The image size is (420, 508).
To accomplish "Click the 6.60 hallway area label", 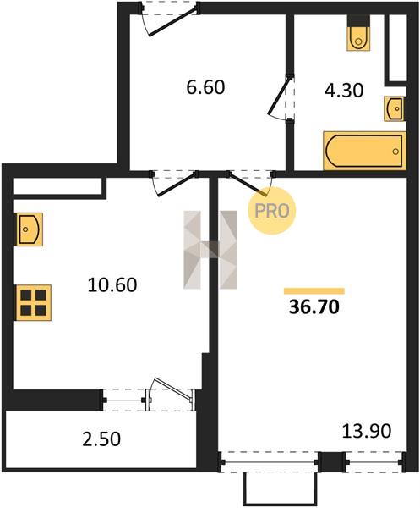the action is click(205, 87).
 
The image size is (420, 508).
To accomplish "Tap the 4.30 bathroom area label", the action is click(344, 91).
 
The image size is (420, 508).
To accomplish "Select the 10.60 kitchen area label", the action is click(112, 285).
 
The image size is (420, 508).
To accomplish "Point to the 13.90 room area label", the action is click(367, 431).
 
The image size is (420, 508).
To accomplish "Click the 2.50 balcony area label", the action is click(101, 439).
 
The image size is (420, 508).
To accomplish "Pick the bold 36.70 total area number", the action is click(314, 306).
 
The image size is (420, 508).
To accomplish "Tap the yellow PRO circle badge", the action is click(272, 211).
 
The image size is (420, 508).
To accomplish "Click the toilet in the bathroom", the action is click(358, 33).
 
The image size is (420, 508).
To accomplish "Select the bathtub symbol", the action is click(364, 151).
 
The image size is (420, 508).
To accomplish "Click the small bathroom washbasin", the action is click(395, 109).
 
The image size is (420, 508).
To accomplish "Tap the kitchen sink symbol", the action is click(29, 229).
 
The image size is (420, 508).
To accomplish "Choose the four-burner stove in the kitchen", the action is click(33, 302).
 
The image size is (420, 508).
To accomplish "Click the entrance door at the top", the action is click(171, 19).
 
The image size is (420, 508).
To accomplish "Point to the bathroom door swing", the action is click(280, 98).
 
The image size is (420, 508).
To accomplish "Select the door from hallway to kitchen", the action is click(174, 182).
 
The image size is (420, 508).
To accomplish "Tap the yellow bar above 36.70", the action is click(314, 290).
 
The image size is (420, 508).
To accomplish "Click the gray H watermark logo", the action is click(210, 250).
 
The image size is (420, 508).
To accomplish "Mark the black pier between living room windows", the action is click(332, 462).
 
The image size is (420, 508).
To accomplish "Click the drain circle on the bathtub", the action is click(395, 152).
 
